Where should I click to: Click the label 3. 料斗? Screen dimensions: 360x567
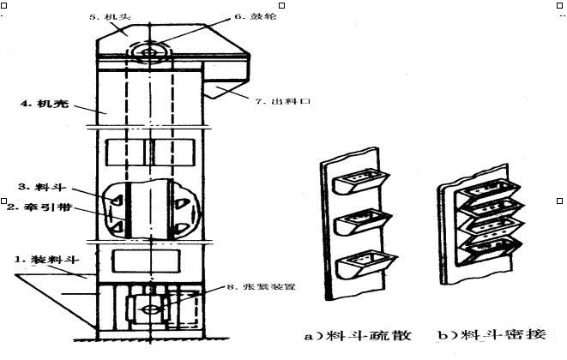click(33, 185)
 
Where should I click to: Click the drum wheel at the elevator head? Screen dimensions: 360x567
click(150, 53)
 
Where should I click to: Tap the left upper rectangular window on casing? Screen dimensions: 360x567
click(125, 153)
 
